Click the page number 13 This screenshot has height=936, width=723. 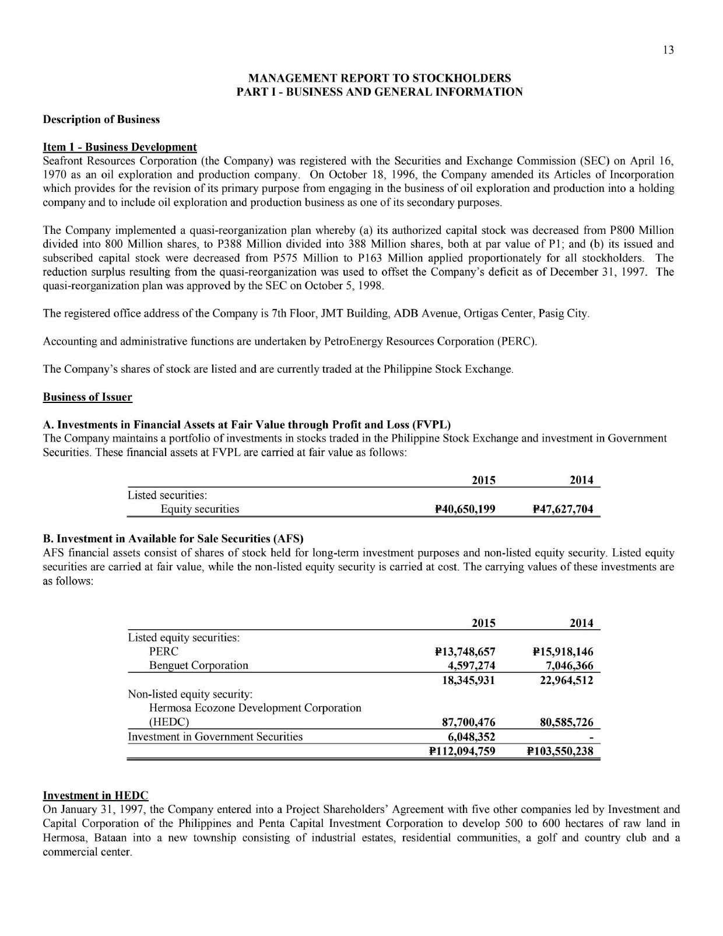pos(668,50)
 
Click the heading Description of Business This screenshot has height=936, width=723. pos(101,120)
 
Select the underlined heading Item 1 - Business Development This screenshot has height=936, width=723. pos(120,147)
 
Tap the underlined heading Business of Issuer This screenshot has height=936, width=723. pos(87,397)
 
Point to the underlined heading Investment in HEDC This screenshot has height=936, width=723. pos(96,795)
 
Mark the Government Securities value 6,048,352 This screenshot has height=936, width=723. pos(471,737)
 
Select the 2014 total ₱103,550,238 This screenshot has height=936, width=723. pos(560,751)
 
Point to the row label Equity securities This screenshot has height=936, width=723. pos(199,509)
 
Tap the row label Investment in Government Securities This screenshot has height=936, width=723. pos(215,737)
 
